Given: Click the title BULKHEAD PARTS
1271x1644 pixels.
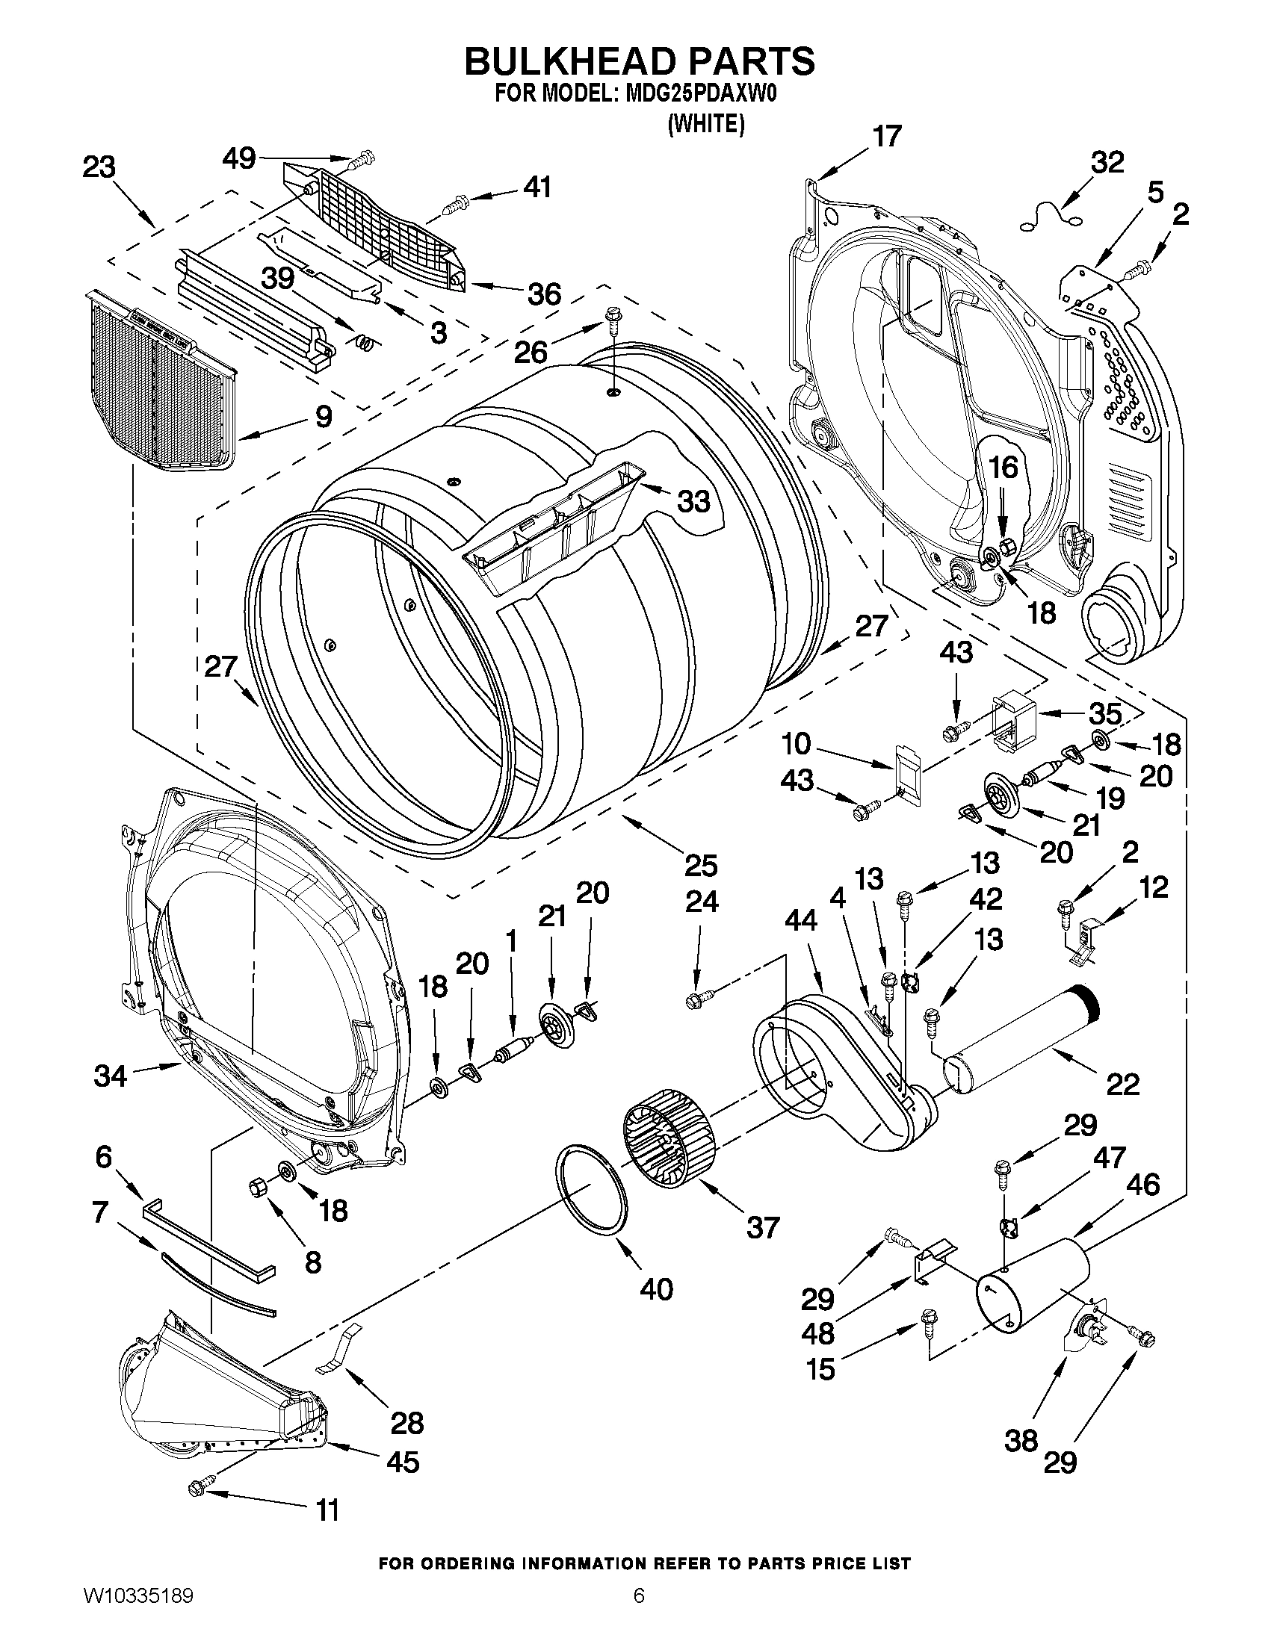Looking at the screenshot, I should pyautogui.click(x=639, y=61).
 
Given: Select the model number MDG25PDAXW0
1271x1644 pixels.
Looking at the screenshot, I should pyautogui.click(x=697, y=96).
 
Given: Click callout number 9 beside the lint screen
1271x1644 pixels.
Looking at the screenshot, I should pyautogui.click(x=323, y=416).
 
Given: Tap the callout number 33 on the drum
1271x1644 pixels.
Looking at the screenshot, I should pyautogui.click(x=693, y=500).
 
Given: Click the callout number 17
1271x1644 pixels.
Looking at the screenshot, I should pyautogui.click(x=887, y=137).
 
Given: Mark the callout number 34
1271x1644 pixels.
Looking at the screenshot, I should pyautogui.click(x=110, y=1076).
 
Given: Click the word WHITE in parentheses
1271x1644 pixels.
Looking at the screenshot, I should pyautogui.click(x=705, y=124).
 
